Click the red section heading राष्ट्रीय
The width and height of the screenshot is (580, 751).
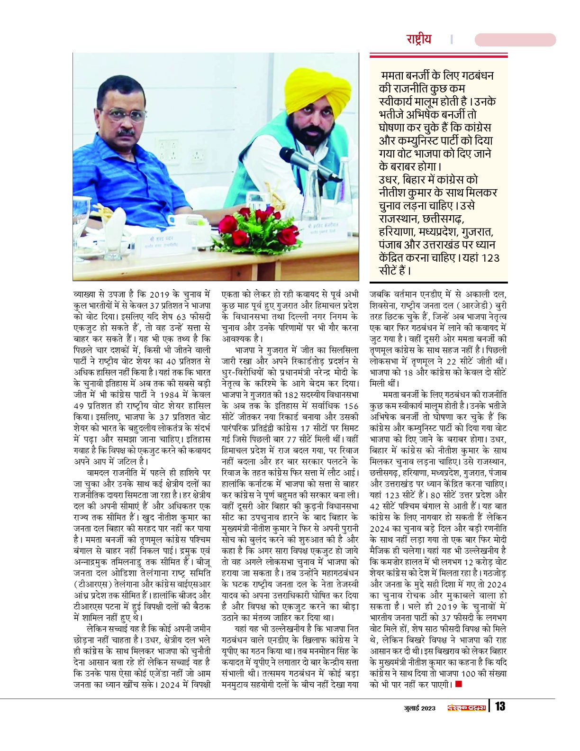point(418,39)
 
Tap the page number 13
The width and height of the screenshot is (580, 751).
point(500,706)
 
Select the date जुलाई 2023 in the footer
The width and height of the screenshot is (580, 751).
point(419,708)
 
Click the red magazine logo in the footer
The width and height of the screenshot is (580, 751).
point(467,708)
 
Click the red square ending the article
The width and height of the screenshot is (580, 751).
point(458,684)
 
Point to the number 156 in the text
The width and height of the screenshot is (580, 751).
point(351,406)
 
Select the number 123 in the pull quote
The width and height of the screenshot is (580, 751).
point(490,258)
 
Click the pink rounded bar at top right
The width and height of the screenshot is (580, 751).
point(515,40)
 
